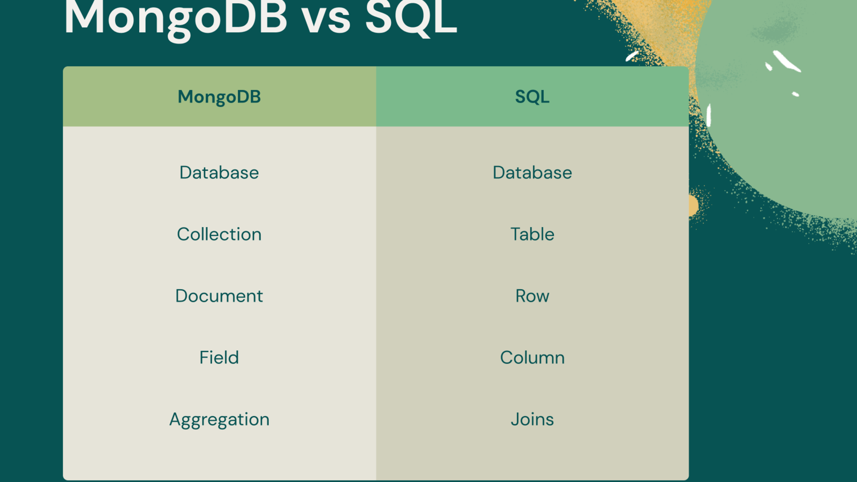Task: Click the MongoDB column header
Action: point(219,97)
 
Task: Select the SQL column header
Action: point(532,97)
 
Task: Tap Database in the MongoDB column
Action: point(219,172)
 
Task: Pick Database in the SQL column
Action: point(532,172)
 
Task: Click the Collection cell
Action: point(219,234)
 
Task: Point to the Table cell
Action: point(532,234)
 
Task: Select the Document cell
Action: point(219,296)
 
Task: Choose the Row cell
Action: point(532,296)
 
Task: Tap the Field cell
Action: point(219,357)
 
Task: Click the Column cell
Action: point(532,357)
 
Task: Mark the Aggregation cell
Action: point(219,419)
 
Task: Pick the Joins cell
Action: point(532,419)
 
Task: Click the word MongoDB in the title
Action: point(176,19)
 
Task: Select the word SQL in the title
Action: point(411,19)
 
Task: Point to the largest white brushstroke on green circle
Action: point(786,61)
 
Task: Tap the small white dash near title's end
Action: point(632,56)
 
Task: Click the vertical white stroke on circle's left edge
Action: point(709,115)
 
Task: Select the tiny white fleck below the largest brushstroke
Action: point(795,94)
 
